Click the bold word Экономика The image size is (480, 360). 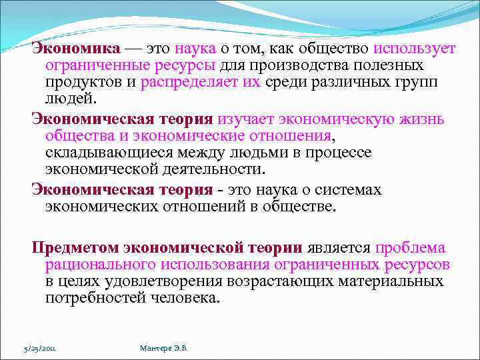tap(76, 49)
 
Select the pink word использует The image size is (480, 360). tap(415, 49)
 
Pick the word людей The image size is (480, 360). tap(71, 99)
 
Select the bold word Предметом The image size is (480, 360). tap(75, 248)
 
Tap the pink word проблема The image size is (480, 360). tap(409, 248)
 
